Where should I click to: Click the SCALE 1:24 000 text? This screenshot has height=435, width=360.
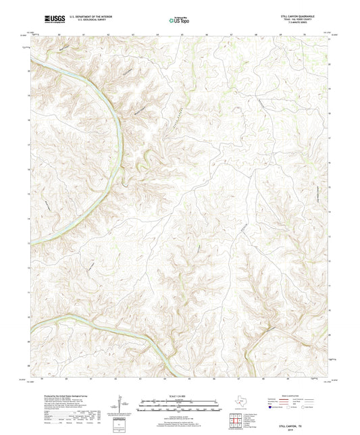click(x=180, y=396)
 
